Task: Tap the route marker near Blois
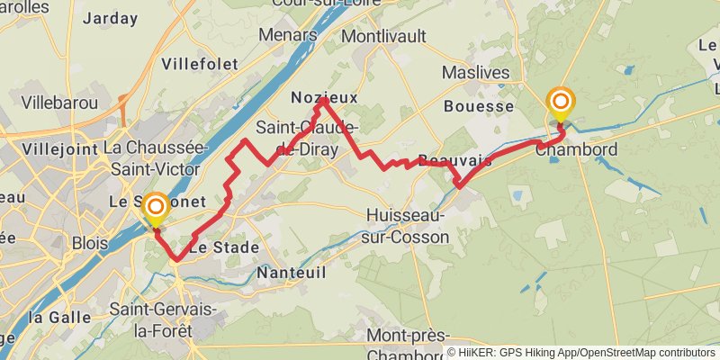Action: (x=155, y=208)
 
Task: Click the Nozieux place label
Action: (x=325, y=97)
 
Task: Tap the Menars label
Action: (x=288, y=34)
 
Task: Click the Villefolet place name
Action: (x=200, y=64)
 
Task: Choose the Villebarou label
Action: (x=59, y=103)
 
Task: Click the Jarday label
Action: (x=109, y=18)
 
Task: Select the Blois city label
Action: (x=90, y=243)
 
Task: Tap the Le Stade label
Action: (x=223, y=247)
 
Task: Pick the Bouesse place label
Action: (x=479, y=106)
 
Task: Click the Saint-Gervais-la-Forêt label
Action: (x=164, y=319)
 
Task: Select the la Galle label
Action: (x=60, y=317)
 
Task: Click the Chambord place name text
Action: (x=576, y=149)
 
